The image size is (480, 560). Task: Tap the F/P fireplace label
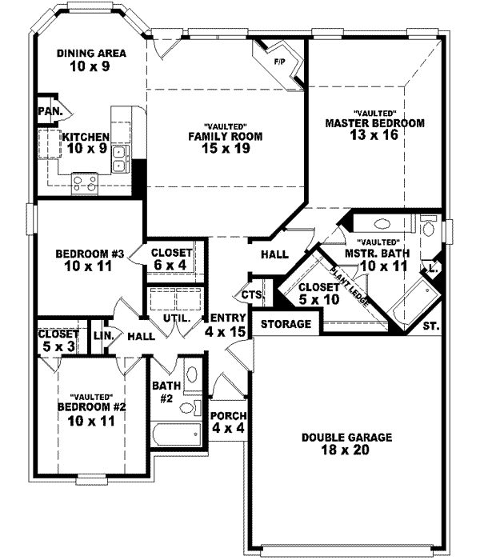click(280, 61)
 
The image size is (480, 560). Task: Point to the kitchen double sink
click(118, 158)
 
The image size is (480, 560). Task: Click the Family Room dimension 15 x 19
click(225, 148)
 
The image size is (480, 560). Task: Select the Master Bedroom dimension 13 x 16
click(374, 135)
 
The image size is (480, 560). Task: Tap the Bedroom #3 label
click(88, 255)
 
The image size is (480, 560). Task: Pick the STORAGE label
click(285, 324)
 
